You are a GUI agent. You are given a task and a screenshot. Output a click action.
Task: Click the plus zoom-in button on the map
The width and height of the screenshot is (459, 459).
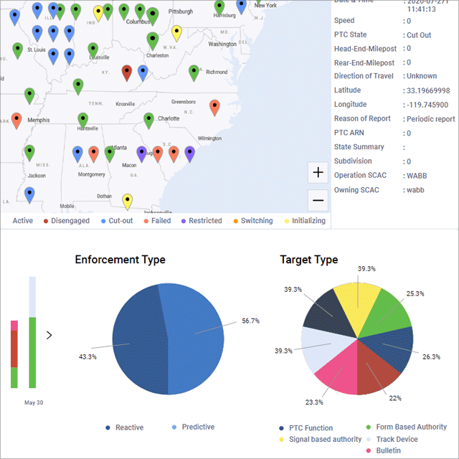click(318, 173)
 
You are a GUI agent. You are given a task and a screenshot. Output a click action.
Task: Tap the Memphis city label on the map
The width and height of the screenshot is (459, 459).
click(38, 120)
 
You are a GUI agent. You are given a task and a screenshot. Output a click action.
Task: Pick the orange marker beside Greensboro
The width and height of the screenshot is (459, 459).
click(214, 107)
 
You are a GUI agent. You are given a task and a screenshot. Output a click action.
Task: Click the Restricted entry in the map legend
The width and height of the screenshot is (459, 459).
click(200, 221)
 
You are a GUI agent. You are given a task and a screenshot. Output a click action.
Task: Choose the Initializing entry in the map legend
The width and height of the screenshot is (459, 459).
click(304, 221)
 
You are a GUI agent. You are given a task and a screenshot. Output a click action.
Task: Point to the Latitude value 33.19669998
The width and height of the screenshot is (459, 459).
click(427, 90)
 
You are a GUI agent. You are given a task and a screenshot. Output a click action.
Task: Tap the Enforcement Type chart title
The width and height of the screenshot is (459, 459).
click(120, 260)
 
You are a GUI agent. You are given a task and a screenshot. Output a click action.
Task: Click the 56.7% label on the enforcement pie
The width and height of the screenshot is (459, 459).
click(251, 321)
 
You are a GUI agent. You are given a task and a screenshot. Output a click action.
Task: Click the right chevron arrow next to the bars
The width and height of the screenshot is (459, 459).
click(49, 334)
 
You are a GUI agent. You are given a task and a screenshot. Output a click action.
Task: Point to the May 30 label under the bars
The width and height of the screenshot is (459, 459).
click(34, 403)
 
